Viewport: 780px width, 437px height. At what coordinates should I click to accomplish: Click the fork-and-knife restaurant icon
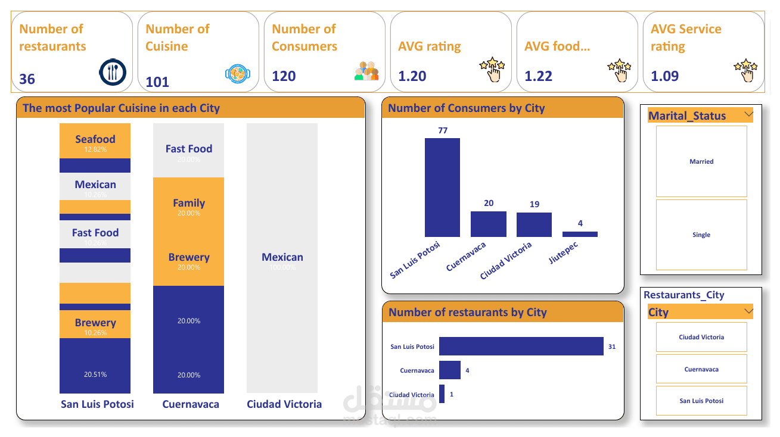click(112, 71)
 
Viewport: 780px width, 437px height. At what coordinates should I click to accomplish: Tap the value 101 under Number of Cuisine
click(157, 82)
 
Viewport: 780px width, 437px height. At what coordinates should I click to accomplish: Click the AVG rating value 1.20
click(412, 76)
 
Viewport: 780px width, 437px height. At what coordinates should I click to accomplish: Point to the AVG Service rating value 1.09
click(664, 76)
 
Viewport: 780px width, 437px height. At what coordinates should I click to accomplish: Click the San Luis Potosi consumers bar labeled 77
click(442, 188)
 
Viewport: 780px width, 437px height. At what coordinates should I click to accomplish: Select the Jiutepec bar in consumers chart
click(580, 234)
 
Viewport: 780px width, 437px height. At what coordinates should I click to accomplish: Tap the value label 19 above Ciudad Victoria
click(534, 204)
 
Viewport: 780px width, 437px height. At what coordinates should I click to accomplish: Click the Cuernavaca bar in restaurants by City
click(450, 370)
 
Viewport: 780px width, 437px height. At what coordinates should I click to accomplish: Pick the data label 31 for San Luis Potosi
click(612, 347)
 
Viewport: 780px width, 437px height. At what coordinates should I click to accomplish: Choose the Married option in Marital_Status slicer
click(701, 161)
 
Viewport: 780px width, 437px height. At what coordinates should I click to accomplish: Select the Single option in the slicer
click(701, 235)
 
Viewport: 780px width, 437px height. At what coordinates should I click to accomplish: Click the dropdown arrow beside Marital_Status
click(749, 114)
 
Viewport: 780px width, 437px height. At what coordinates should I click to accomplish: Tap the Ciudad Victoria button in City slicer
click(701, 337)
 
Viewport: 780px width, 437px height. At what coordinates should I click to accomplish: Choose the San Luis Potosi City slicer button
click(701, 401)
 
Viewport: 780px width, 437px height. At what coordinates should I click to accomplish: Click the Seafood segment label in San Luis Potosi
click(95, 139)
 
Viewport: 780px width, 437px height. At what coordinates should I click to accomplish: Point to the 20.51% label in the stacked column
click(95, 374)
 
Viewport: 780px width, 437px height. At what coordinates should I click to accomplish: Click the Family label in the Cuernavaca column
click(189, 203)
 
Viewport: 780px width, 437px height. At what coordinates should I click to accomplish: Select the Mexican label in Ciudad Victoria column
click(282, 257)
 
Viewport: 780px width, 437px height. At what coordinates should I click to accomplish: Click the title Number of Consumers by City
click(467, 108)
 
